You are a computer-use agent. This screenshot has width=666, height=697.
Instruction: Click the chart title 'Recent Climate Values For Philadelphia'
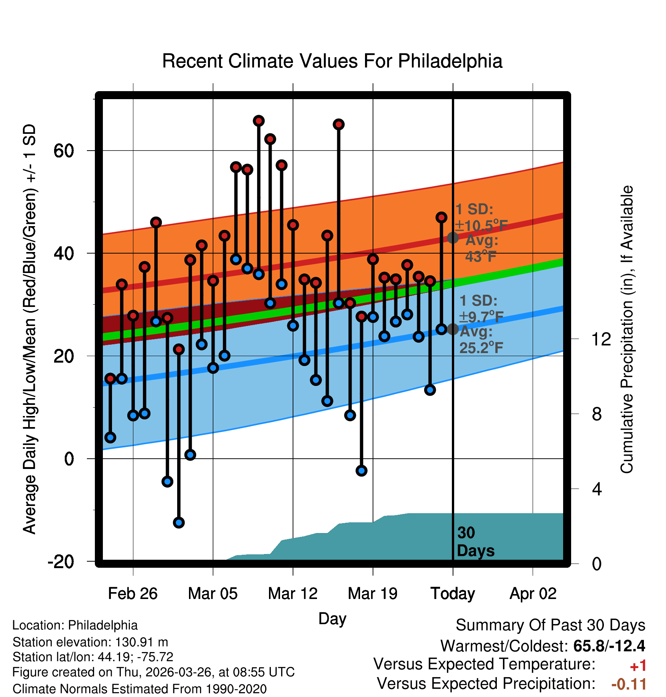click(x=332, y=61)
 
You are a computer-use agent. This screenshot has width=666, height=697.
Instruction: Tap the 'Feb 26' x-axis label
click(x=133, y=593)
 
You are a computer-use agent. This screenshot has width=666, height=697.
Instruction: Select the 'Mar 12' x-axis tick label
click(x=293, y=593)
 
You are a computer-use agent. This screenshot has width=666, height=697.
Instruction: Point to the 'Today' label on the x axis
click(x=453, y=594)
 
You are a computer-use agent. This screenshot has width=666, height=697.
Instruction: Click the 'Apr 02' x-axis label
click(x=533, y=594)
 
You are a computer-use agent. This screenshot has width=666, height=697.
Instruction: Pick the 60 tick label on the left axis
click(x=64, y=151)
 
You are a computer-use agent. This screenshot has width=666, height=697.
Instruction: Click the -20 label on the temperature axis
click(x=61, y=562)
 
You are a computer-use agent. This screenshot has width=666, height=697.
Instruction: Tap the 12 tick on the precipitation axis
click(x=601, y=339)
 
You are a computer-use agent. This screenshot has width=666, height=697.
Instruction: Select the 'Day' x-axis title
click(x=332, y=619)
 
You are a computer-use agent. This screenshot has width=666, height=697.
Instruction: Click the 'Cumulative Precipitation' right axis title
click(x=626, y=329)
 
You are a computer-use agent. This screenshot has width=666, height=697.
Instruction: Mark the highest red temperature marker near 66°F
click(x=259, y=121)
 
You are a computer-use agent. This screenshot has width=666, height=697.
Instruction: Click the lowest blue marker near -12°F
click(x=179, y=522)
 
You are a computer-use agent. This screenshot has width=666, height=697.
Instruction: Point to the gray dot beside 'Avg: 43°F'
click(x=453, y=238)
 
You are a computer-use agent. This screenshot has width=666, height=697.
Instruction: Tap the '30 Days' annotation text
click(x=475, y=542)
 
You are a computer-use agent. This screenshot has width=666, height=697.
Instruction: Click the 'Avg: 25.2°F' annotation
click(x=481, y=340)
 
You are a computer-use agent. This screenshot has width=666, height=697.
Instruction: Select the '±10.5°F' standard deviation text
click(x=481, y=226)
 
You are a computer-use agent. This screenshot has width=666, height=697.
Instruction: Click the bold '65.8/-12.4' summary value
click(x=609, y=646)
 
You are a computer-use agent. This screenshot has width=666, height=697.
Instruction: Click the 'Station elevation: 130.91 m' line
click(x=90, y=642)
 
